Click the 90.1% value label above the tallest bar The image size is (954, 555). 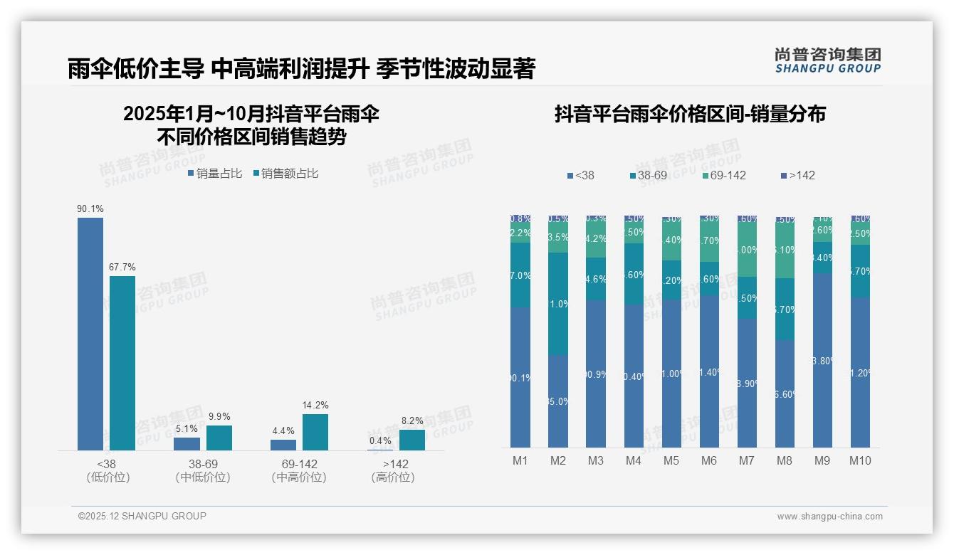[90, 208]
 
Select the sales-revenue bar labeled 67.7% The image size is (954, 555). [122, 363]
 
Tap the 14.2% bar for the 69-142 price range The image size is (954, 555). [315, 432]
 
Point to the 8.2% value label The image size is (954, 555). [412, 421]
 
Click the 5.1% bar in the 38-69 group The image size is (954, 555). [187, 444]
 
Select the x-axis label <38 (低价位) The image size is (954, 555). [108, 470]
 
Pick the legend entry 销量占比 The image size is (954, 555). [215, 173]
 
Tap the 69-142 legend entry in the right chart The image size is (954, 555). [724, 175]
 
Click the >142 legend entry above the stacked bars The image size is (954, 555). [798, 175]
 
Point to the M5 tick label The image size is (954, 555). [671, 460]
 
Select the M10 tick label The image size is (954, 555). [860, 460]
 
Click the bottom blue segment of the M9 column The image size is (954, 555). [822, 360]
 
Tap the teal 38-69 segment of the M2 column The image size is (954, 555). [558, 304]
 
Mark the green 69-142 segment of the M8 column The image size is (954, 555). [785, 250]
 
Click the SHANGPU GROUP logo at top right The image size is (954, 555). [827, 60]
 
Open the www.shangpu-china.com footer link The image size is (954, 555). [829, 517]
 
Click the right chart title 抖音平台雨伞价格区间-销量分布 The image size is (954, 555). [690, 115]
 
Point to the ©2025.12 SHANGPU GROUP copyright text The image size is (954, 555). [142, 516]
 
